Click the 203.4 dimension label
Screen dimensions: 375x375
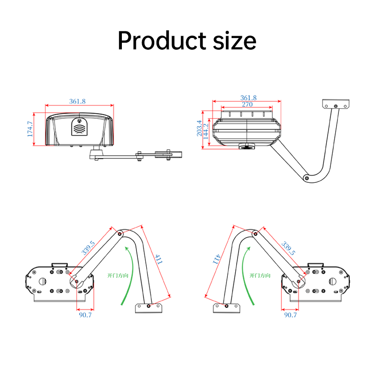(x=199, y=128)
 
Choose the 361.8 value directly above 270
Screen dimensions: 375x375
(x=248, y=97)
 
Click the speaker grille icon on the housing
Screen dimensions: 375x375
(x=79, y=127)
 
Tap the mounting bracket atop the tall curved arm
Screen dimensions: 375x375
(x=336, y=104)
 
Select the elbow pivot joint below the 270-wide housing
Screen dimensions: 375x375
(x=306, y=178)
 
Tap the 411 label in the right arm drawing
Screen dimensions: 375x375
(x=216, y=259)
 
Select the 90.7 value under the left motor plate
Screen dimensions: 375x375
(x=85, y=315)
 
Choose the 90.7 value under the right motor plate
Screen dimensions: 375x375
(x=290, y=315)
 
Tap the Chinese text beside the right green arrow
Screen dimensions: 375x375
(x=260, y=276)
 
